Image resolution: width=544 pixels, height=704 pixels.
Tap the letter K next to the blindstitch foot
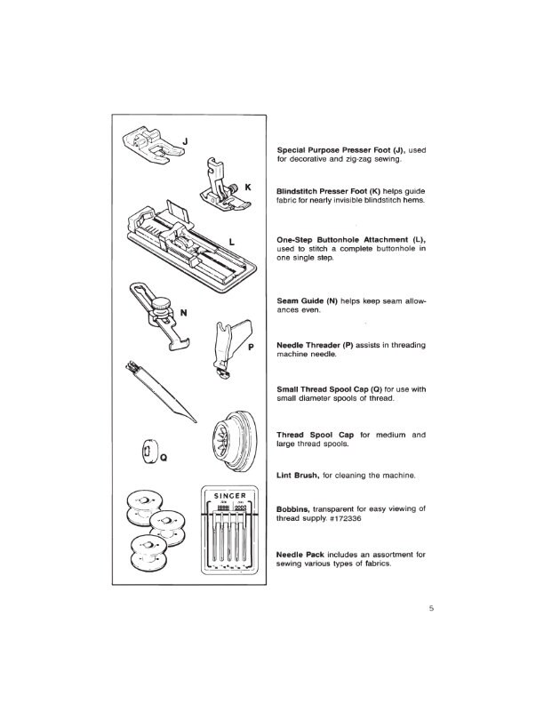tap(248, 188)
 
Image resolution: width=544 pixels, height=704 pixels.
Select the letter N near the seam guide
tap(184, 311)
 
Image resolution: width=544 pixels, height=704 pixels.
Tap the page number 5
tap(429, 610)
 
